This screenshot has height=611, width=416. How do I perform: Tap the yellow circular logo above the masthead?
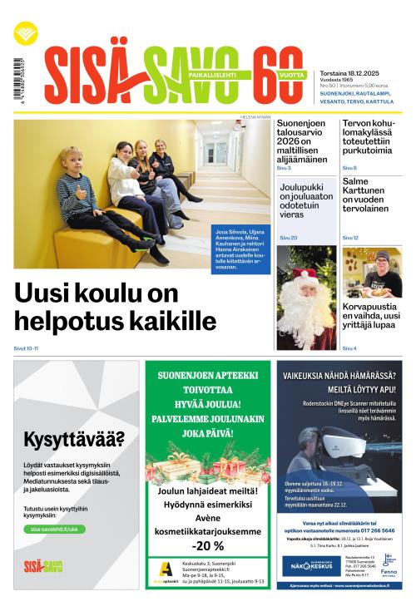[x=25, y=34]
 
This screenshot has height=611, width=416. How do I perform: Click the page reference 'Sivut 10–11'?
[x=26, y=348]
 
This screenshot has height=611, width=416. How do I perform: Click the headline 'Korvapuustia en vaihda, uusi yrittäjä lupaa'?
[x=371, y=323]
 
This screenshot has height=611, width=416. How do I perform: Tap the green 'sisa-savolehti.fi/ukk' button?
[x=57, y=529]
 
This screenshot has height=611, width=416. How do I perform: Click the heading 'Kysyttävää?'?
[x=73, y=439]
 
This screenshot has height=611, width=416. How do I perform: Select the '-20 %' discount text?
[x=207, y=545]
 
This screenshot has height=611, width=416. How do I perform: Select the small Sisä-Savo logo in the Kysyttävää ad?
[x=42, y=567]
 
